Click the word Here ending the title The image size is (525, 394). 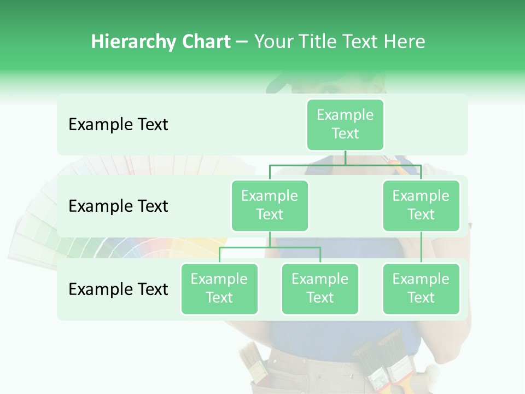[x=405, y=42]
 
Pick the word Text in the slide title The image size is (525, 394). [x=360, y=42]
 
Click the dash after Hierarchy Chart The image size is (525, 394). [x=242, y=42]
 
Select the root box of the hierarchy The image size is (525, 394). [x=345, y=124]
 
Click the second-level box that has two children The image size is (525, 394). [x=270, y=205]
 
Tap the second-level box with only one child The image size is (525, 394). [x=421, y=205]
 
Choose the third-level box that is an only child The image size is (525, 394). [x=421, y=288]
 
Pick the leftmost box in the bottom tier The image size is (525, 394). [x=219, y=288]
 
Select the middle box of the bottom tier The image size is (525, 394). [x=320, y=288]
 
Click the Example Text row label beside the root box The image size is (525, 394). [x=118, y=124]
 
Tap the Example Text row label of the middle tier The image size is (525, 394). [x=118, y=206]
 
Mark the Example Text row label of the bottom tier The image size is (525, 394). [x=118, y=289]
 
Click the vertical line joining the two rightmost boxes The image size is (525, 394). [x=421, y=247]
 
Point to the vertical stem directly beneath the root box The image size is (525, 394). [x=345, y=158]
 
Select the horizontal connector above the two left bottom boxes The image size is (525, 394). [x=270, y=247]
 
